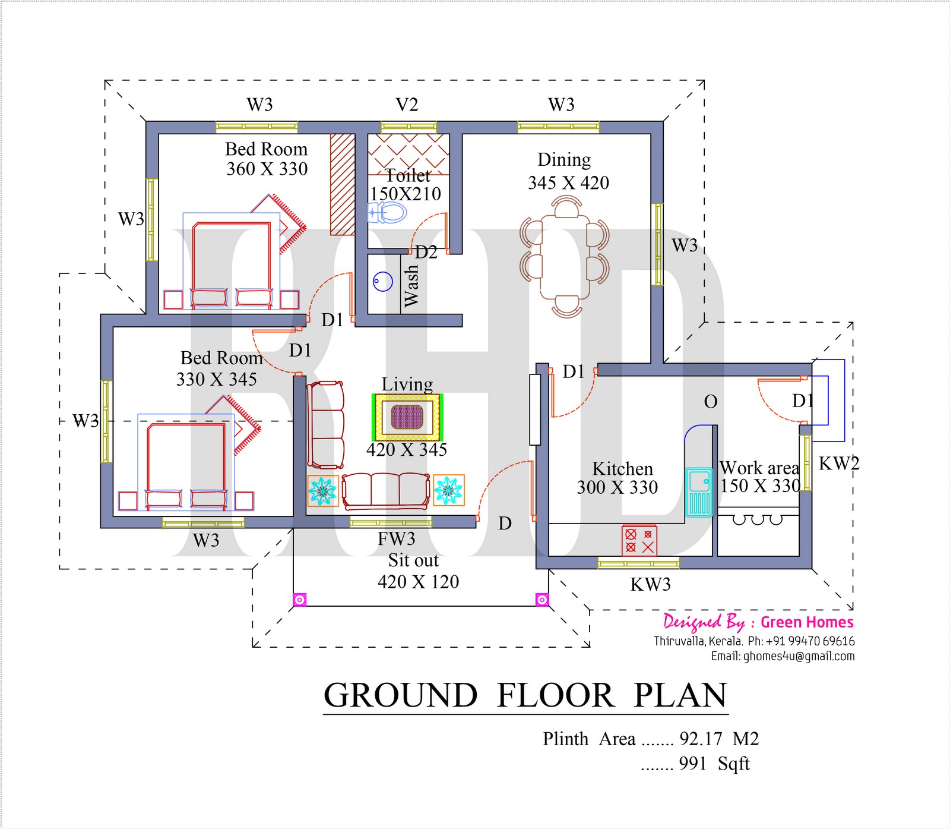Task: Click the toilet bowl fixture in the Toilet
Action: click(388, 212)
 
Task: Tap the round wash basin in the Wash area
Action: click(384, 282)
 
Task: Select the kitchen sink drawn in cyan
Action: click(699, 491)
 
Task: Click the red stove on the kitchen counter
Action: click(639, 540)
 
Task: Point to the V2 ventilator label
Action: click(407, 105)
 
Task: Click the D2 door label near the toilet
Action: click(426, 253)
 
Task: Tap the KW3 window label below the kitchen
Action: click(650, 585)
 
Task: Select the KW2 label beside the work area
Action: click(838, 464)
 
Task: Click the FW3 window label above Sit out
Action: click(396, 539)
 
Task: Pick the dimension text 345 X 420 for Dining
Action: click(568, 183)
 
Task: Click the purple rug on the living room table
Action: click(407, 417)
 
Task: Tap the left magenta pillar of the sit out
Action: click(300, 600)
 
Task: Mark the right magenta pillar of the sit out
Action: click(541, 600)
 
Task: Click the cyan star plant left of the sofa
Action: click(322, 490)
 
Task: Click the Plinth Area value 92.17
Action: click(701, 739)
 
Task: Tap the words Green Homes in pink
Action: click(807, 622)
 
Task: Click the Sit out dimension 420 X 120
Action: click(418, 582)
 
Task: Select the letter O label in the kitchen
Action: click(710, 402)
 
